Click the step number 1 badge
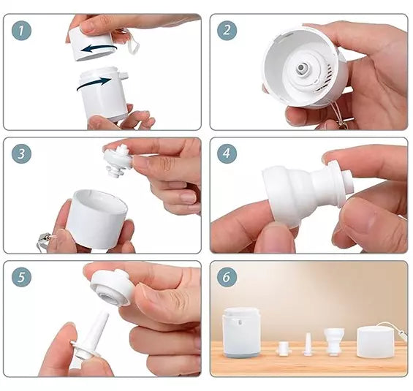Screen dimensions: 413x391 (x=21, y=31)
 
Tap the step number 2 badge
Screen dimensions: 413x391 (x=227, y=31)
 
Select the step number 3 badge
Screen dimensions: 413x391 (x=21, y=153)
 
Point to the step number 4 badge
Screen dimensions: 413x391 (x=227, y=153)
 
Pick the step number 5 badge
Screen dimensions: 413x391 (x=21, y=277)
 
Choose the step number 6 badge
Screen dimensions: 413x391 (x=227, y=277)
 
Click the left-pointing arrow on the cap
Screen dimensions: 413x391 (x=98, y=48)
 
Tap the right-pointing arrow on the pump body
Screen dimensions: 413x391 (x=94, y=83)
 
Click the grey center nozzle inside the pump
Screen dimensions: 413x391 (x=301, y=69)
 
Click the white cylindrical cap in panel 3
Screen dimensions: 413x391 (x=96, y=219)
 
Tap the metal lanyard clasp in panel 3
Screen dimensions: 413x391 (x=45, y=240)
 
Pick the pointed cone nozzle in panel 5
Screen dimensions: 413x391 (x=88, y=338)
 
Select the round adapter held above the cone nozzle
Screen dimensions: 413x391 (x=110, y=287)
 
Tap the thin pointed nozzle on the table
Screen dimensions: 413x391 (x=308, y=344)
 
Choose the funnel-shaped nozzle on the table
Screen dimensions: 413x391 (x=334, y=341)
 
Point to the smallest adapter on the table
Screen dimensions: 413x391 (x=284, y=349)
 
